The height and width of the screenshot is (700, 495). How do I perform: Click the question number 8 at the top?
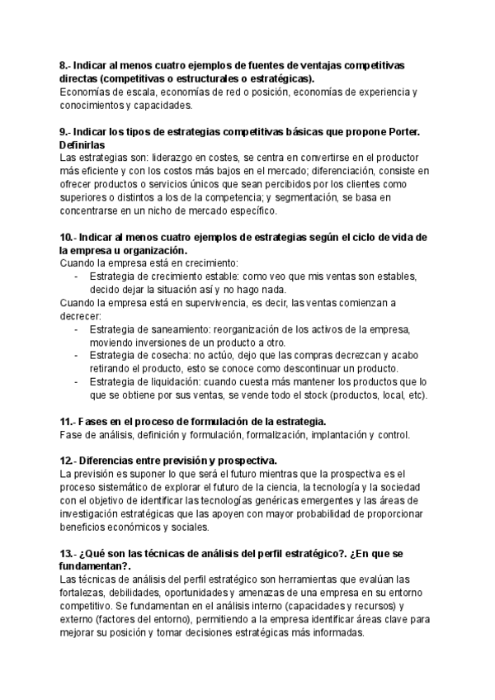tap(64, 65)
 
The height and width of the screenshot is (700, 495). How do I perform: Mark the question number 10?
tap(66, 238)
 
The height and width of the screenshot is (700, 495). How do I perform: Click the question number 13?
tap(66, 552)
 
